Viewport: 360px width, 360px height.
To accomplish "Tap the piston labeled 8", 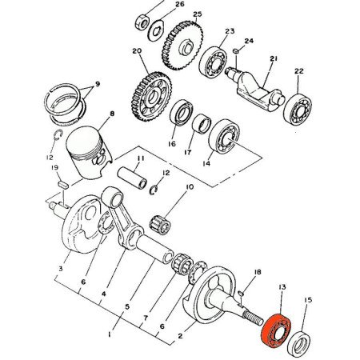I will (x=88, y=150).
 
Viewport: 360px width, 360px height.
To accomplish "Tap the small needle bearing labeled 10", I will (x=162, y=223).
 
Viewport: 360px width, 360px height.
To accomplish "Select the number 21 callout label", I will (x=273, y=58).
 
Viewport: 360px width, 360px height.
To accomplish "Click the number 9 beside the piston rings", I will (x=97, y=83).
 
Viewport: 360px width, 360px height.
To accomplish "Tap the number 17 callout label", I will (x=190, y=151).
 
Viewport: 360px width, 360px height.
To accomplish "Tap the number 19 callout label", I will (x=54, y=167).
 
